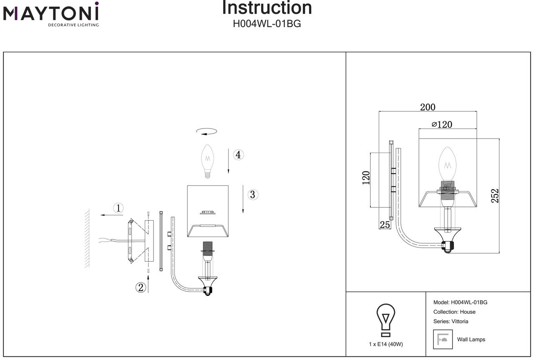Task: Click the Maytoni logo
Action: (x=51, y=14)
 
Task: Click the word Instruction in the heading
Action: (x=267, y=8)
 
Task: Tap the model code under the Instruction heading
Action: (x=267, y=24)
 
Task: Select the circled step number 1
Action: (x=119, y=208)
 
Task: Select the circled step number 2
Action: (x=141, y=287)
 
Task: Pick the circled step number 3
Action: (x=252, y=194)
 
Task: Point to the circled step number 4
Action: (x=238, y=155)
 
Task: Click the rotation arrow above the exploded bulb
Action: (x=207, y=131)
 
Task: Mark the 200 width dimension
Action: (x=428, y=107)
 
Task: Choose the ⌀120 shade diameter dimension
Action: (x=442, y=124)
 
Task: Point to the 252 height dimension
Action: (x=495, y=196)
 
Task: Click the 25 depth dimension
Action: (x=384, y=224)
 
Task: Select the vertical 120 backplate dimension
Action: (x=366, y=178)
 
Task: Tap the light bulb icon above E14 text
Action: (x=386, y=320)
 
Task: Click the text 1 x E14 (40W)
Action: (x=386, y=344)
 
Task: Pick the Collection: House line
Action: (x=454, y=312)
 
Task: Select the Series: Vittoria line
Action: (x=451, y=321)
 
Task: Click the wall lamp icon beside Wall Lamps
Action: (x=443, y=339)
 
